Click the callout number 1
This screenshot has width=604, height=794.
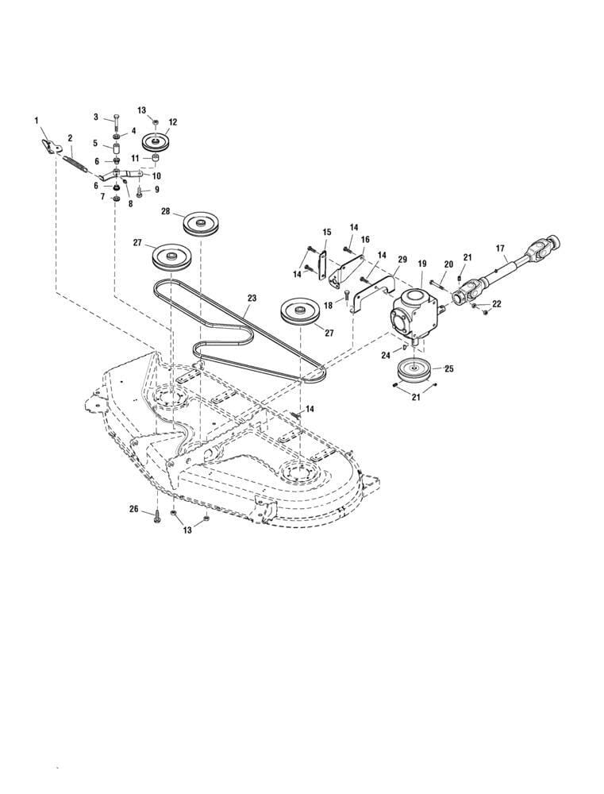pyautogui.click(x=37, y=119)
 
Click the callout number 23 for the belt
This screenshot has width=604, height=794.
pyautogui.click(x=252, y=299)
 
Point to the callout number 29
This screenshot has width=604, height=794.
pyautogui.click(x=402, y=260)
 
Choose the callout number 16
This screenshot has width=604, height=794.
pyautogui.click(x=365, y=239)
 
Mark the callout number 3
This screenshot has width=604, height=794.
pyautogui.click(x=96, y=117)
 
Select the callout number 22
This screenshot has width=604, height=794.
pyautogui.click(x=498, y=304)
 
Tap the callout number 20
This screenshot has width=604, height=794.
pyautogui.click(x=448, y=264)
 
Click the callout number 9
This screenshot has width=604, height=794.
pyautogui.click(x=156, y=189)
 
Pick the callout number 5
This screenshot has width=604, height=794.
pyautogui.click(x=95, y=144)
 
